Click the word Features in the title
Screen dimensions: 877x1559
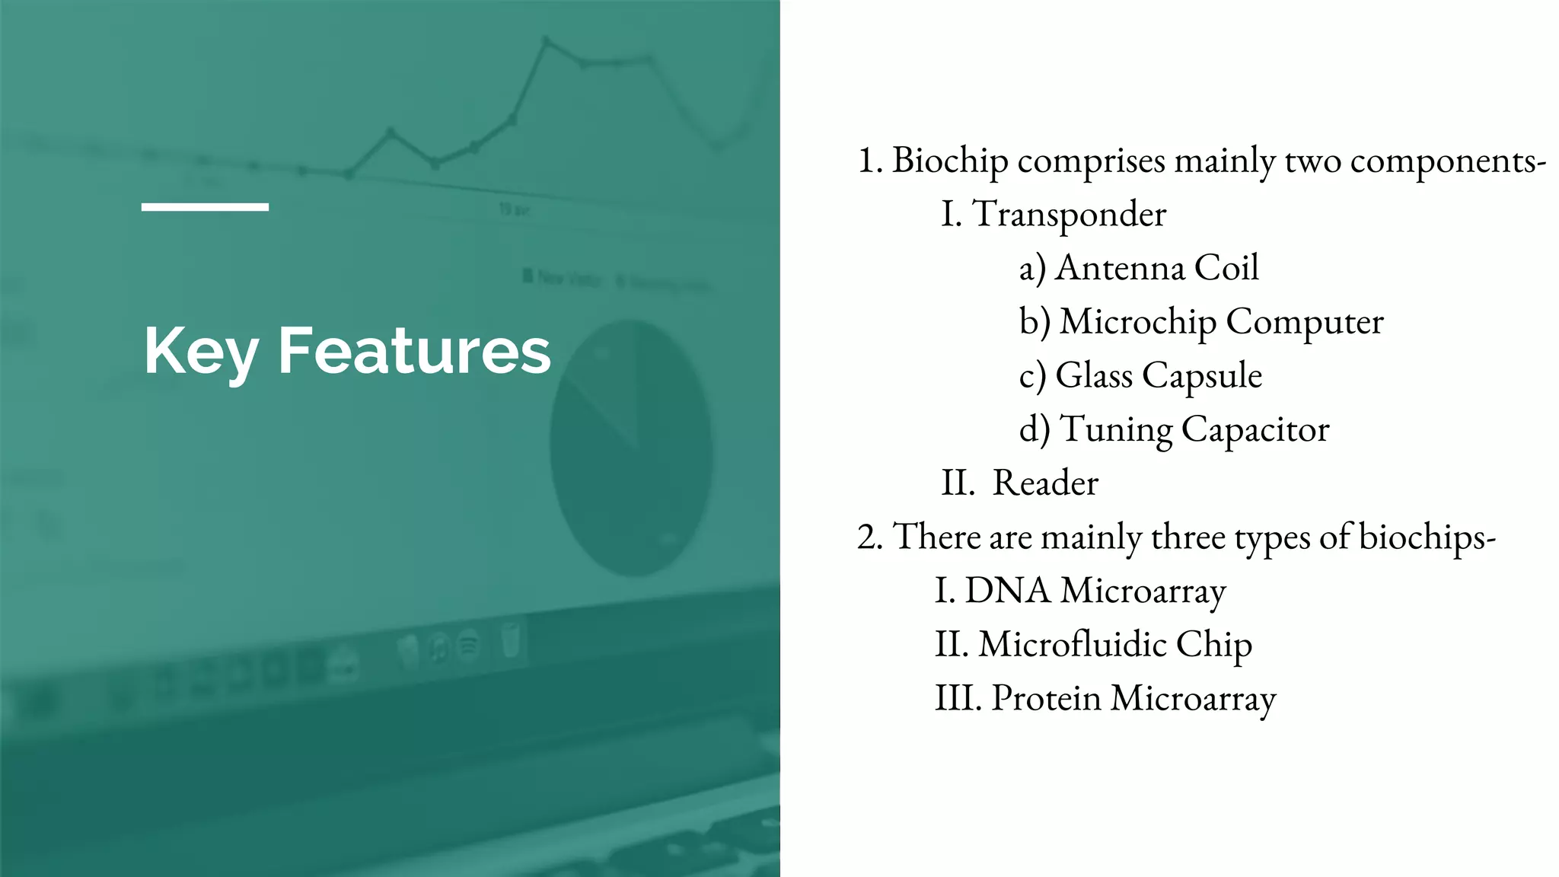pyautogui.click(x=414, y=351)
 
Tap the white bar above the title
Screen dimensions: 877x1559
pyautogui.click(x=205, y=206)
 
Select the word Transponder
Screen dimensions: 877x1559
pyautogui.click(x=1069, y=215)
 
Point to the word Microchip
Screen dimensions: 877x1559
pyautogui.click(x=1137, y=322)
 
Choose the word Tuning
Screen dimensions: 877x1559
pyautogui.click(x=1116, y=430)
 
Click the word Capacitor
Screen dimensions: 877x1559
pyautogui.click(x=1255, y=430)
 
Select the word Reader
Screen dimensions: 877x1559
pyautogui.click(x=1045, y=483)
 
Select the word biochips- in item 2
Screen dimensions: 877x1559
pyautogui.click(x=1427, y=537)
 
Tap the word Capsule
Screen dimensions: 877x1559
pyautogui.click(x=1202, y=376)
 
